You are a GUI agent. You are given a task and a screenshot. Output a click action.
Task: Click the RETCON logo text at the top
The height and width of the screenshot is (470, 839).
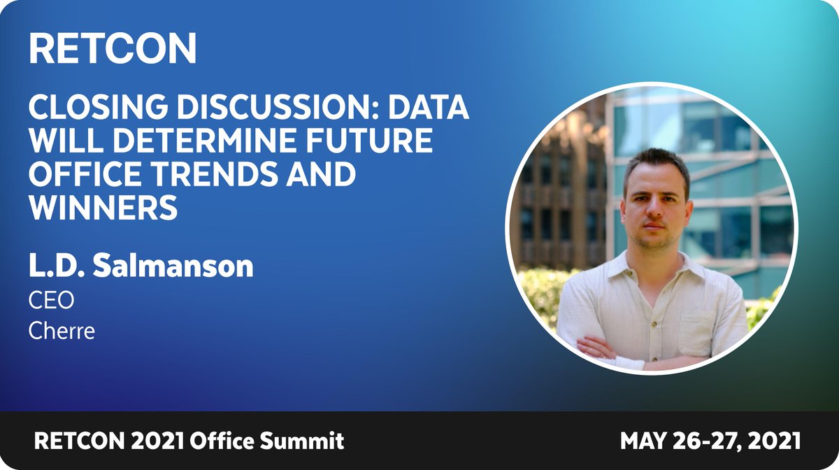(113, 48)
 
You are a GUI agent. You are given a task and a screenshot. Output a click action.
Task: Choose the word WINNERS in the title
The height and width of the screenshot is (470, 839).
(103, 207)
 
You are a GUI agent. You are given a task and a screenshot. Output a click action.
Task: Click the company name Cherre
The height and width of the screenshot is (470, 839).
(61, 330)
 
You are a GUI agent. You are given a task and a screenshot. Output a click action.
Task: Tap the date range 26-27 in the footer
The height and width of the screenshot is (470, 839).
(707, 441)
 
